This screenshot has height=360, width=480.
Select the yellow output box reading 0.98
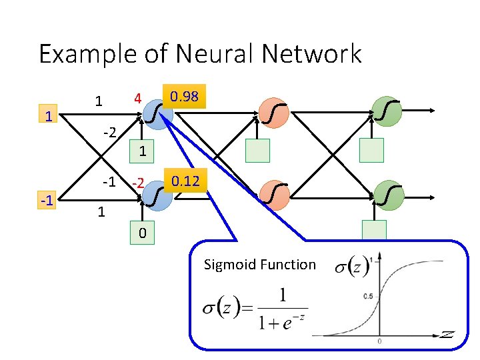coord(183,97)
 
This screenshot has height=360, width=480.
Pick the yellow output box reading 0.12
coord(185,181)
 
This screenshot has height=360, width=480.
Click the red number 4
coord(137,99)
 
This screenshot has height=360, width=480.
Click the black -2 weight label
coord(109,133)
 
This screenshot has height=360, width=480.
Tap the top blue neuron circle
coord(159,113)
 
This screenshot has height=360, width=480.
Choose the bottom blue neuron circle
coord(159,197)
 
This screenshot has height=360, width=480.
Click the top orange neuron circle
coord(273,113)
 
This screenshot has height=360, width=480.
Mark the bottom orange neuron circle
coord(273,197)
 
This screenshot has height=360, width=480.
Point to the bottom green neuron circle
coord(387,197)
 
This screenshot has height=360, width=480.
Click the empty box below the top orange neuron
coord(257,151)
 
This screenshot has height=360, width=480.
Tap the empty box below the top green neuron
coord(371,151)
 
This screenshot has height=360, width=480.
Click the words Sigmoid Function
coord(259,265)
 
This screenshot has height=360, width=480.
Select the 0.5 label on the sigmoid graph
coord(367,295)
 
